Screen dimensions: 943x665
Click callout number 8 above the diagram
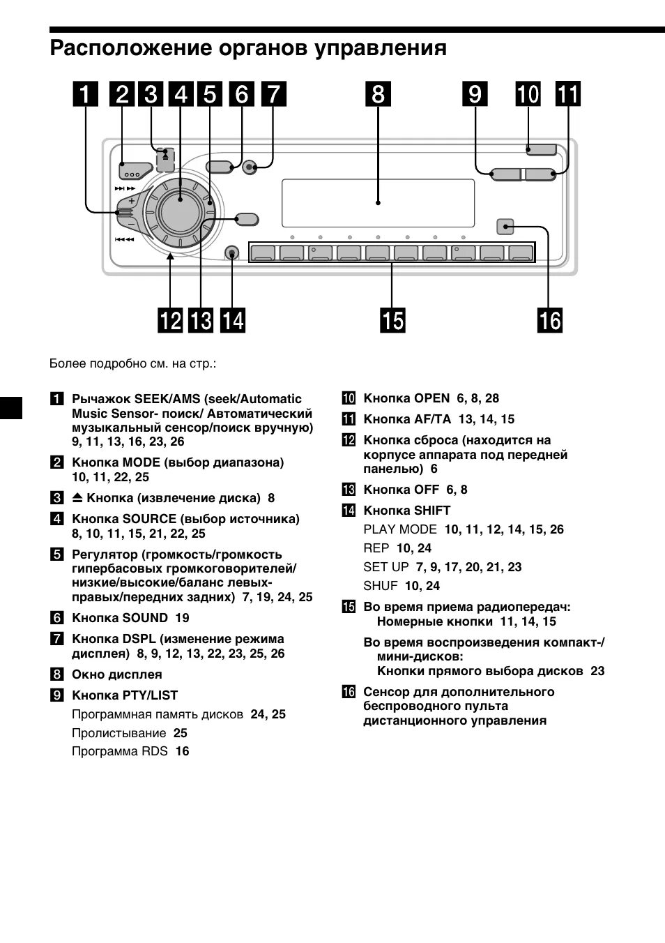coord(378,94)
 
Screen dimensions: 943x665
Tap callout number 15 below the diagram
coord(392,320)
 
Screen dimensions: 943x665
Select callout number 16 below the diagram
coord(549,320)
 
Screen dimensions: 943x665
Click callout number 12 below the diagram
coord(170,320)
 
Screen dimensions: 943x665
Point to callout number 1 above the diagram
coord(86,94)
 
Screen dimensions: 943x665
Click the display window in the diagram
coord(379,203)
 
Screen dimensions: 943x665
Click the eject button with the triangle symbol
coord(165,158)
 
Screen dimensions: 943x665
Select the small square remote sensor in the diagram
coord(505,226)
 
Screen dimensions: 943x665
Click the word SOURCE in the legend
coord(149,519)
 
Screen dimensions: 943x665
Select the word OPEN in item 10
coord(431,398)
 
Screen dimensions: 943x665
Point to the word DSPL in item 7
coord(139,639)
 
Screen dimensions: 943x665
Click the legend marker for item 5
coord(57,555)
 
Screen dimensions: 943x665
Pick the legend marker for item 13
coord(349,490)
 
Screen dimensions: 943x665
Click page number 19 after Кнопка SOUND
coord(182,618)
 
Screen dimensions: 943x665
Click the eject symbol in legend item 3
coord(77,498)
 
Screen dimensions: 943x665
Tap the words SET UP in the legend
coord(385,567)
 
